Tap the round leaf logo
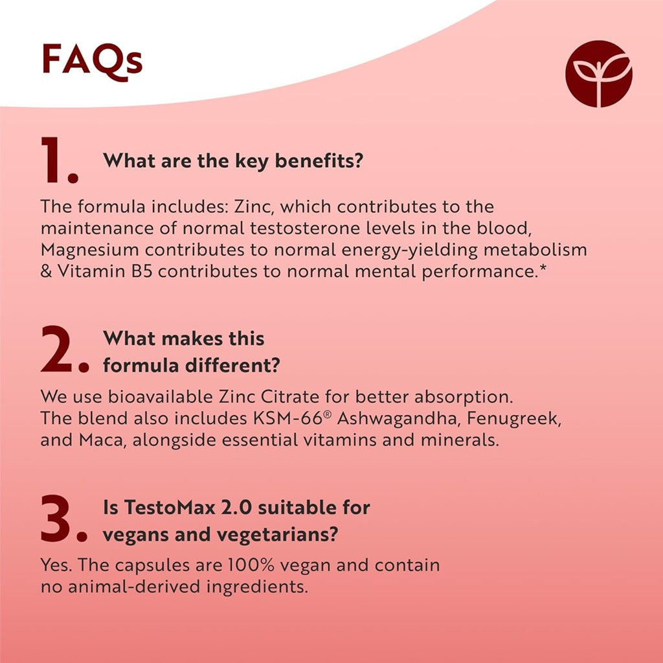598,73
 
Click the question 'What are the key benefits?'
232,161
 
